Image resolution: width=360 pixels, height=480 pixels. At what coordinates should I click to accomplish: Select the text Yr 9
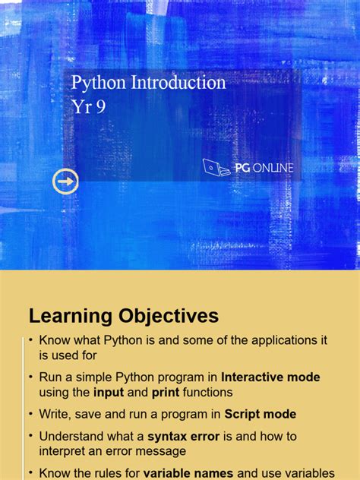pyautogui.click(x=88, y=106)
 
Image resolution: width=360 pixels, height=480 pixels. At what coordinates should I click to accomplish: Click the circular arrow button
pyautogui.click(x=65, y=182)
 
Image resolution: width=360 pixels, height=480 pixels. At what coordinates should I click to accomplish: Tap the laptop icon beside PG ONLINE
pyautogui.click(x=216, y=168)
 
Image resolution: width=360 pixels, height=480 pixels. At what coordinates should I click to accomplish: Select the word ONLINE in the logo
pyautogui.click(x=274, y=168)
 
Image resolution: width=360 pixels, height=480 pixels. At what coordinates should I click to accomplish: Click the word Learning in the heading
pyautogui.click(x=71, y=316)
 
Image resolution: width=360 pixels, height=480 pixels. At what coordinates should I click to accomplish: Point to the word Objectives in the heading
pyautogui.click(x=168, y=316)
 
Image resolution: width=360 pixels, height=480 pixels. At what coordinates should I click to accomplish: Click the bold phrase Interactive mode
pyautogui.click(x=271, y=377)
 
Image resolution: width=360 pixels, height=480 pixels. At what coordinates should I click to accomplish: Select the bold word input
pyautogui.click(x=109, y=392)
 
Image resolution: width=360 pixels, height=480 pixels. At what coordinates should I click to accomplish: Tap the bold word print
pyautogui.click(x=166, y=392)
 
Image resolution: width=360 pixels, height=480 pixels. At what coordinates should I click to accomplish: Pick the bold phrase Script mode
pyautogui.click(x=261, y=414)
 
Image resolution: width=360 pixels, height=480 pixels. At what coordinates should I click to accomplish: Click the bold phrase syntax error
pyautogui.click(x=182, y=436)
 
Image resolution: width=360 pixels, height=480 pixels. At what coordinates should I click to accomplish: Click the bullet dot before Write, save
pyautogui.click(x=31, y=414)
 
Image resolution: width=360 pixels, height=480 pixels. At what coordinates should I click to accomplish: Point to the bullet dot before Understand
pyautogui.click(x=31, y=436)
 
